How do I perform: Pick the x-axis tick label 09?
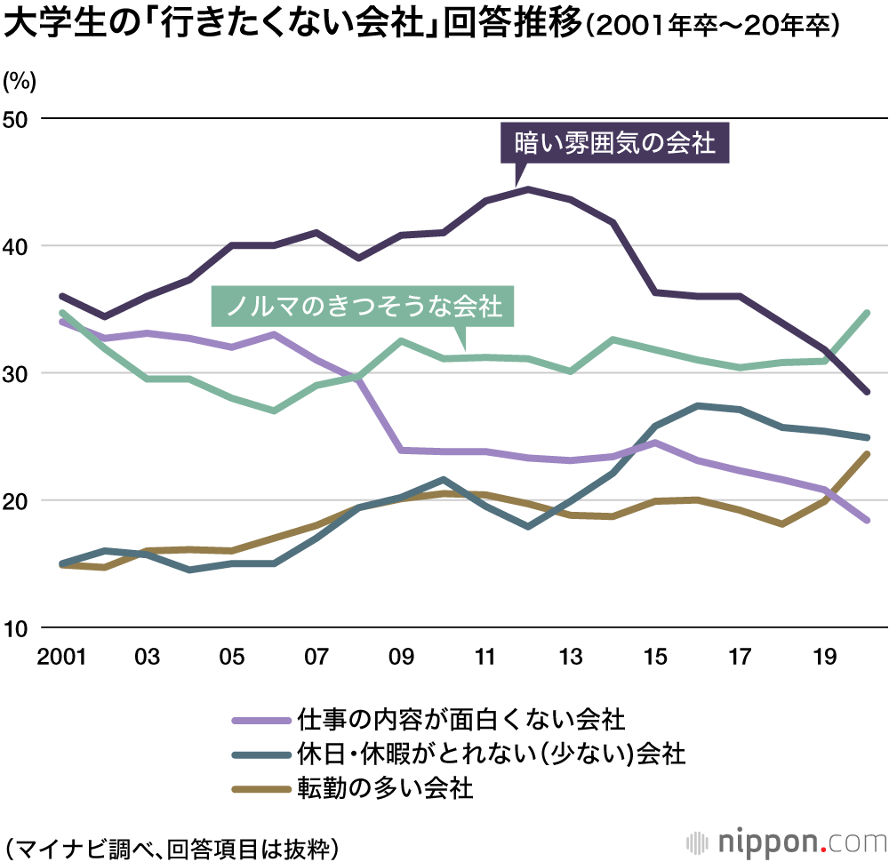[x=401, y=658]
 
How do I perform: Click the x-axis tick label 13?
[x=571, y=658]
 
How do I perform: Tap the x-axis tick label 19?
[x=825, y=658]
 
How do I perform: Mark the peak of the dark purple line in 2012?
[x=528, y=189]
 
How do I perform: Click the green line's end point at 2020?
[x=867, y=313]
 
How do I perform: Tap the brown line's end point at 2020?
[x=867, y=454]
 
